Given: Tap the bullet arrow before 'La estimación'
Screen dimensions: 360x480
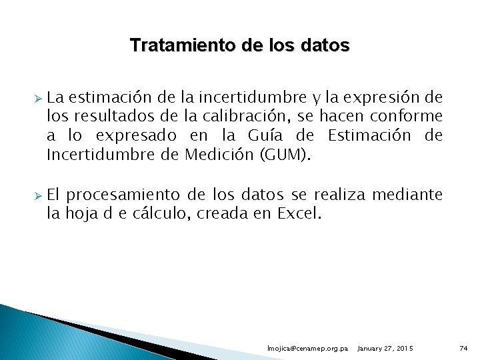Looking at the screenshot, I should pyautogui.click(x=38, y=98).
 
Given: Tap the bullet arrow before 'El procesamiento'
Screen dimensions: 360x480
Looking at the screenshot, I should pyautogui.click(x=38, y=195).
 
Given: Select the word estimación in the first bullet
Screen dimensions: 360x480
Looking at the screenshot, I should pyautogui.click(x=105, y=98).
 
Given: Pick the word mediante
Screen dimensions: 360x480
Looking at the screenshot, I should pyautogui.click(x=407, y=195).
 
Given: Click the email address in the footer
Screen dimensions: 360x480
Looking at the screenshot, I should pyautogui.click(x=307, y=349).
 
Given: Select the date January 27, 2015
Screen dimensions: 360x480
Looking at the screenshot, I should pyautogui.click(x=385, y=349).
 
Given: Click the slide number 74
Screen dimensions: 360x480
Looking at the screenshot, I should pyautogui.click(x=464, y=349).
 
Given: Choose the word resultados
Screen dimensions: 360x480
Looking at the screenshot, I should pyautogui.click(x=103, y=117).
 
